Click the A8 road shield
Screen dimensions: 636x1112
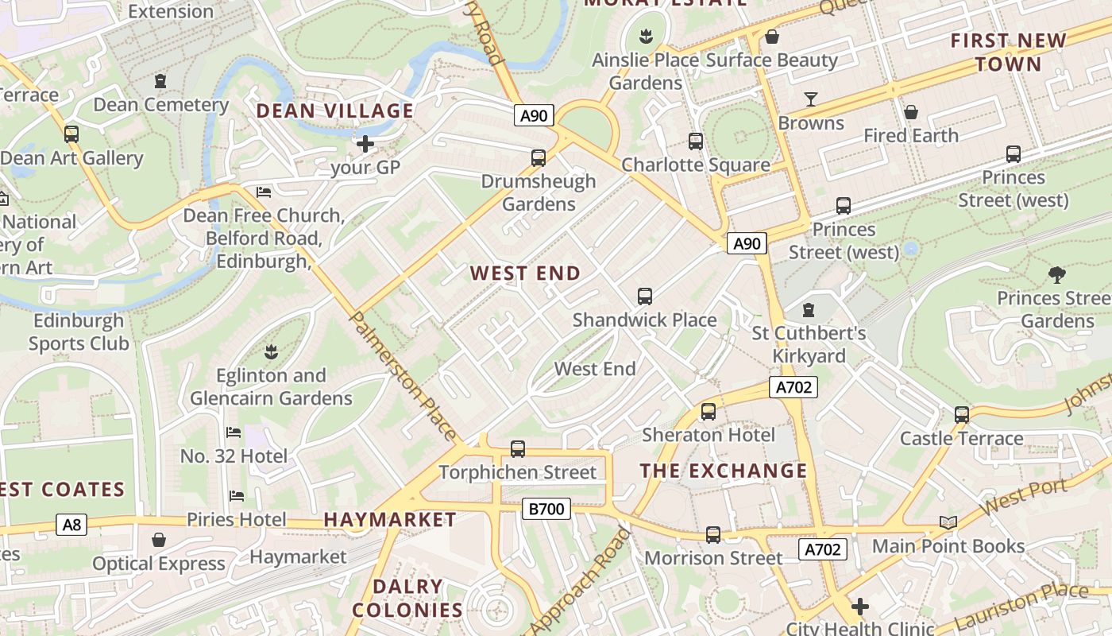point(71,524)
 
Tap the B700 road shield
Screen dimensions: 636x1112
point(546,509)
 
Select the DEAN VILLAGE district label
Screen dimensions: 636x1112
point(334,111)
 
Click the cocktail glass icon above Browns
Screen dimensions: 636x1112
point(810,99)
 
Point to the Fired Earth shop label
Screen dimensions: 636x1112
point(910,136)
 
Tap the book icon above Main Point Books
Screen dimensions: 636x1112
point(948,522)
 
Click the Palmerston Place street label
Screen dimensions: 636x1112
point(403,375)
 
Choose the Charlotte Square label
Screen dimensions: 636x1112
point(695,165)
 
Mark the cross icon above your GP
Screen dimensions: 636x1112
point(365,144)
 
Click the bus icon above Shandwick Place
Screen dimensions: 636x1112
point(644,297)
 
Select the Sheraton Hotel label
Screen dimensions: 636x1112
point(708,435)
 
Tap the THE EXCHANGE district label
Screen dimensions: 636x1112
point(723,471)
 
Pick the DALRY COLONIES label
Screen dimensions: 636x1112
point(407,599)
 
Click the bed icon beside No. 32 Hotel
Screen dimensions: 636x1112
point(234,432)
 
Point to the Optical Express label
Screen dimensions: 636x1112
point(159,564)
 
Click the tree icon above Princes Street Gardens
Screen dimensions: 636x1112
point(1056,275)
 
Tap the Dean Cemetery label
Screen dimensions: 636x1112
point(160,105)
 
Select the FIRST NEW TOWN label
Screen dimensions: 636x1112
point(1008,52)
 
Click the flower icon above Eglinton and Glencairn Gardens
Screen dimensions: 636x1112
point(271,351)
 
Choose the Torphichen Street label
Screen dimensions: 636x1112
point(516,472)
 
